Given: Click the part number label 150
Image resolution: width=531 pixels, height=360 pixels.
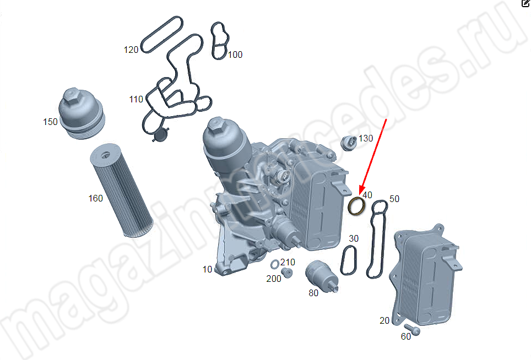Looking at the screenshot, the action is click(50, 122).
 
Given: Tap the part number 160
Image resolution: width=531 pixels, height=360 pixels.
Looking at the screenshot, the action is click(95, 198).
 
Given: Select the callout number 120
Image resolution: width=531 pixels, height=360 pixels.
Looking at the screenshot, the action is click(131, 50).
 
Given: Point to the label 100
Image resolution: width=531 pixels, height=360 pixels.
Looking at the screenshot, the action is click(235, 55).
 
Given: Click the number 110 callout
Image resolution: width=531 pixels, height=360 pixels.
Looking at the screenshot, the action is click(136, 100).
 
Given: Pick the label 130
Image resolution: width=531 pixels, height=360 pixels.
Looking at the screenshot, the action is click(366, 138).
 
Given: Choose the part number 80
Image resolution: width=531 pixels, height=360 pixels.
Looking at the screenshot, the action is click(313, 293).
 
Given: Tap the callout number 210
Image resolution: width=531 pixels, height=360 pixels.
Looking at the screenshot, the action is click(288, 262).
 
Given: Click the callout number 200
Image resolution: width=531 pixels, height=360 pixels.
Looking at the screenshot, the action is click(274, 279).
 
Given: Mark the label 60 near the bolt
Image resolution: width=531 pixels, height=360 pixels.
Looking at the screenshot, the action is click(406, 336).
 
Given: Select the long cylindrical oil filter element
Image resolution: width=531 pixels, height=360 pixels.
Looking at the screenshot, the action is click(122, 190).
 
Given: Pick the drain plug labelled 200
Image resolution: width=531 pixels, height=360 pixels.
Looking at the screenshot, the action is click(287, 272).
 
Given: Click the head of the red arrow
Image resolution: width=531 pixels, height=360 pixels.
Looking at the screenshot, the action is click(361, 192).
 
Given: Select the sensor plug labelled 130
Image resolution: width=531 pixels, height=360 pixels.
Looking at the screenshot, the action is click(349, 143).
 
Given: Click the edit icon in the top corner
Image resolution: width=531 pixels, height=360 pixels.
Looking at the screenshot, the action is click(525, 3).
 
